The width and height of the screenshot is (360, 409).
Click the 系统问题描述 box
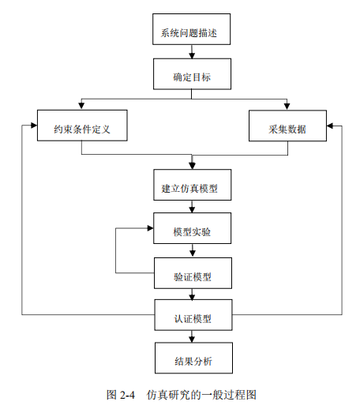tap(191, 29)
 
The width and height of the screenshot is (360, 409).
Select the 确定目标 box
tap(192, 74)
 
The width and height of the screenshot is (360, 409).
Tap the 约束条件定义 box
tap(82, 126)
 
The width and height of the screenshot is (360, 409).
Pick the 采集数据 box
tap(287, 126)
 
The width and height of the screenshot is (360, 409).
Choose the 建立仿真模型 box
tap(193, 185)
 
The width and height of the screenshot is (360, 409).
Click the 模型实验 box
tap(193, 228)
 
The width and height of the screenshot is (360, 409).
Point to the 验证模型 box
tap(193, 273)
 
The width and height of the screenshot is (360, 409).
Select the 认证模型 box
tap(193, 315)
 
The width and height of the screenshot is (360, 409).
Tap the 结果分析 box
tap(193, 358)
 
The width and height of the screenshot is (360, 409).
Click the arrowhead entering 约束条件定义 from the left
tap(34, 126)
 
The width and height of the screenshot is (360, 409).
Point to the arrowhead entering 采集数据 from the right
tap(330, 126)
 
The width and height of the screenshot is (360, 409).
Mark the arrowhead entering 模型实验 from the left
tap(150, 228)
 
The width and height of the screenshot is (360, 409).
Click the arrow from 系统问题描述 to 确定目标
tap(192, 51)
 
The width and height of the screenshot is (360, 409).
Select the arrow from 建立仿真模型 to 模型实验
tap(192, 207)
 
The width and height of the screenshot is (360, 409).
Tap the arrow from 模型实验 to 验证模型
tap(193, 250)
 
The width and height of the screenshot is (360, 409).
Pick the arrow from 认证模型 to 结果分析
tap(192, 336)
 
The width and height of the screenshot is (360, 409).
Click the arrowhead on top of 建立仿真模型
tap(192, 166)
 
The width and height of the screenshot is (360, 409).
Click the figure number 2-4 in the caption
tap(127, 395)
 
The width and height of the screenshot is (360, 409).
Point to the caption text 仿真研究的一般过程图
tap(201, 395)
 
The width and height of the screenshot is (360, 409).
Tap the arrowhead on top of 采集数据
tap(287, 106)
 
